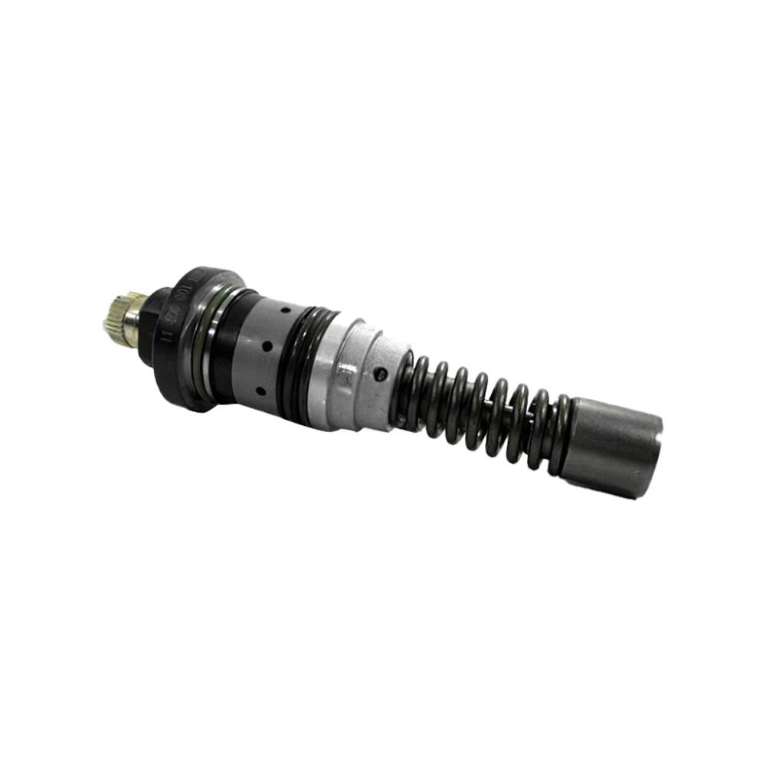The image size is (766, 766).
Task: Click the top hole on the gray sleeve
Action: pos(286,312)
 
